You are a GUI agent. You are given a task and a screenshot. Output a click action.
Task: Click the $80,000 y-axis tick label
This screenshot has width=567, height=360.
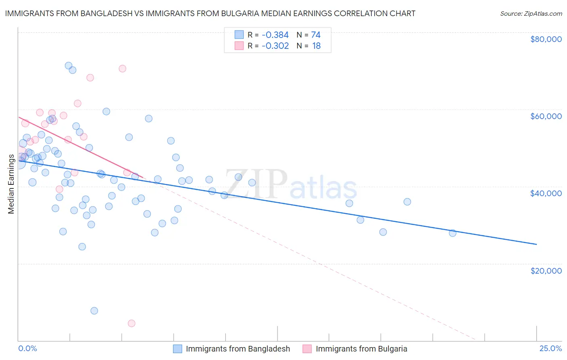(546, 39)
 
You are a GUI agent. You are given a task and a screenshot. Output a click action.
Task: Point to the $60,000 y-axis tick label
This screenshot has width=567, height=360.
(546, 116)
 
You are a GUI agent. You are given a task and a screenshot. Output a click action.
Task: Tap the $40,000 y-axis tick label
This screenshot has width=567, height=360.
(546, 193)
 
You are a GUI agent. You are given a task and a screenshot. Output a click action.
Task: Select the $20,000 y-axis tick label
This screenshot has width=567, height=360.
(546, 270)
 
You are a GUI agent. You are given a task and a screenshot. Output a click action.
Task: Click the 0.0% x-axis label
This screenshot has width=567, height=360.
(27, 348)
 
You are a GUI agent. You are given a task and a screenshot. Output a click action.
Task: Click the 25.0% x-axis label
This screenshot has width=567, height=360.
(550, 348)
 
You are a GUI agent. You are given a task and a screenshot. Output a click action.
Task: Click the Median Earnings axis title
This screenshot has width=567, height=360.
(11, 184)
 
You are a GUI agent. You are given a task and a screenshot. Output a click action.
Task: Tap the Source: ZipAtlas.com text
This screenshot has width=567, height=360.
(531, 14)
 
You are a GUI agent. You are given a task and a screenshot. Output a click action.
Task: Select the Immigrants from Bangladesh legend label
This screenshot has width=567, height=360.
(238, 349)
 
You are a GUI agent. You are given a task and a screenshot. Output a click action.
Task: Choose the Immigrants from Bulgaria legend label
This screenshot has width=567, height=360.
(361, 349)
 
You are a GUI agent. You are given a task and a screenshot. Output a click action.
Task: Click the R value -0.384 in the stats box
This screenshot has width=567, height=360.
(275, 35)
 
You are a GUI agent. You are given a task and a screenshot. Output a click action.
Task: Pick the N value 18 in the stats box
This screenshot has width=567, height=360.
(316, 46)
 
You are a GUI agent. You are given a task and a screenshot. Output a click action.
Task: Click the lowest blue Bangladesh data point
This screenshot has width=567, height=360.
(94, 311)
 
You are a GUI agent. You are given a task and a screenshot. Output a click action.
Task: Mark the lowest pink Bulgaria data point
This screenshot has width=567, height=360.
(131, 323)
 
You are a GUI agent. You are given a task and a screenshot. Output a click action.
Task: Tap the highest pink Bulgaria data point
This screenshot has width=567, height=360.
(122, 69)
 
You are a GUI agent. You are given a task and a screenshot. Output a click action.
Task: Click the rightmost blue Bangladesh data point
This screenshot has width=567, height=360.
(452, 233)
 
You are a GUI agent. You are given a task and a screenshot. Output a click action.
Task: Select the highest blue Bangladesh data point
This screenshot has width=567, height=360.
(69, 66)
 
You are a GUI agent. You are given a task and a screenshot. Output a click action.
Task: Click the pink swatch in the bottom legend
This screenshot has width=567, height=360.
(307, 349)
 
